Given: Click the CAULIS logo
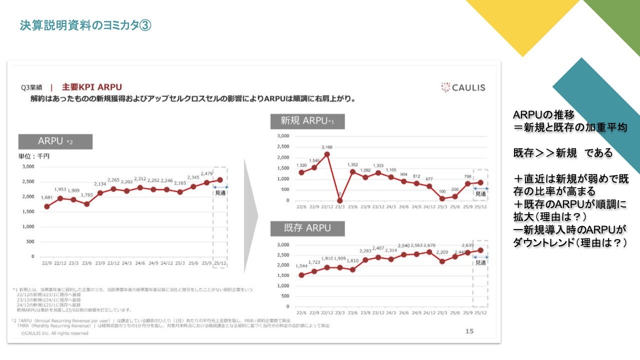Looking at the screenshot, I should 463,87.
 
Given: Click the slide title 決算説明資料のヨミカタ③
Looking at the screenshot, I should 85,25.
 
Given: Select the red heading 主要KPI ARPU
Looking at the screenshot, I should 92,87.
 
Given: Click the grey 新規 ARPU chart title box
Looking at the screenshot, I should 307,121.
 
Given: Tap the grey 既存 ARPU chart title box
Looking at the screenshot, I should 307,228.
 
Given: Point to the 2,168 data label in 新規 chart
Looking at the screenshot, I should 327,147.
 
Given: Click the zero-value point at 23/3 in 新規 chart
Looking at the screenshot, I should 340,200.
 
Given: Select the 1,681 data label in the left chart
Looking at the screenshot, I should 47,197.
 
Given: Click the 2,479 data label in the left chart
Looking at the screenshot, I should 207,173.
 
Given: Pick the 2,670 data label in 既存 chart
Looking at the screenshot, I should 429,245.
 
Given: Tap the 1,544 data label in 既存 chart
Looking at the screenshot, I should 301,266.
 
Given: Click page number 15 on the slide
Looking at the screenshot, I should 469,331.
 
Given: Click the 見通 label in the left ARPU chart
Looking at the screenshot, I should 220,193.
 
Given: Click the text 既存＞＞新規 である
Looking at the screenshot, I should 562,153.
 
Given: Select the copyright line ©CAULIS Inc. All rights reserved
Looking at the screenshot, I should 54,333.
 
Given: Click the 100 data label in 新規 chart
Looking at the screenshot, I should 442,191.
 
